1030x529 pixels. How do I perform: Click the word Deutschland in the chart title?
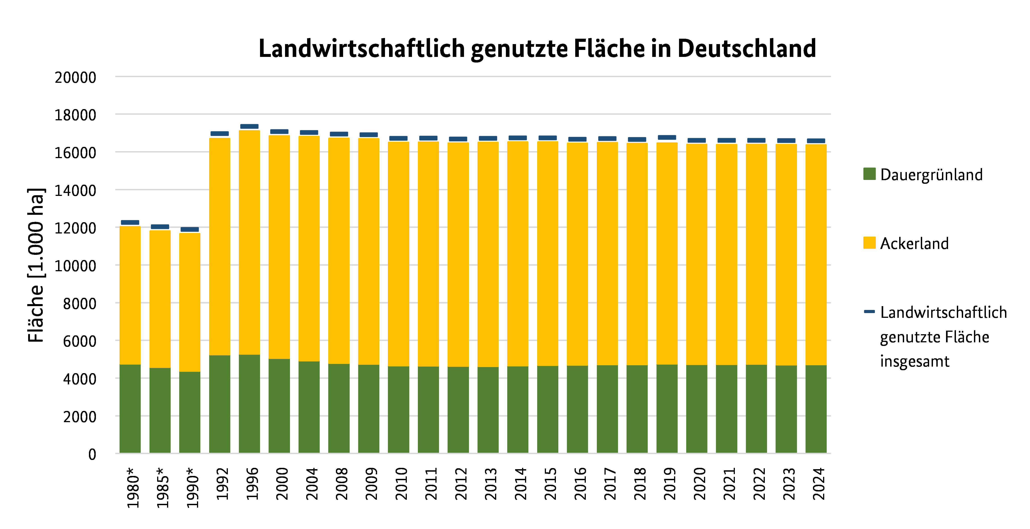click(747, 49)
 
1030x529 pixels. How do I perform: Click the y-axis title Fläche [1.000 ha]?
click(36, 264)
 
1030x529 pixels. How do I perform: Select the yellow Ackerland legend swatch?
click(869, 242)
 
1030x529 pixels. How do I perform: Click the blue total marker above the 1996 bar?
click(249, 126)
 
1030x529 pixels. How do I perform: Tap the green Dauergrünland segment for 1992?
click(220, 403)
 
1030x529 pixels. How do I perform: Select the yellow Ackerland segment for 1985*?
click(160, 299)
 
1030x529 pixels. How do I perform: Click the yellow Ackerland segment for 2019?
click(667, 253)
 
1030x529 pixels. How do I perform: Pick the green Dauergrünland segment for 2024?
click(816, 409)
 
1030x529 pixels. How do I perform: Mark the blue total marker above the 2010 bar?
click(399, 138)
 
